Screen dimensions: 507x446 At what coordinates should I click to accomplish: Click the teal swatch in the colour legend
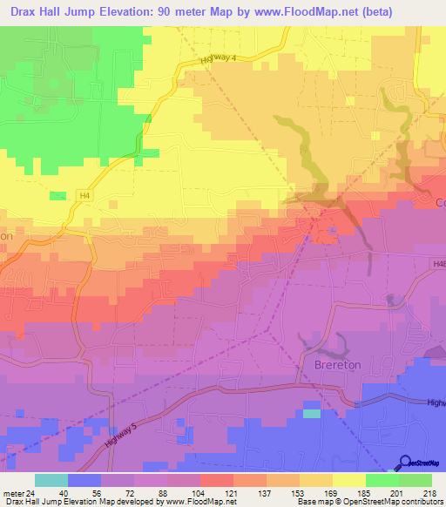(51, 480)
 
